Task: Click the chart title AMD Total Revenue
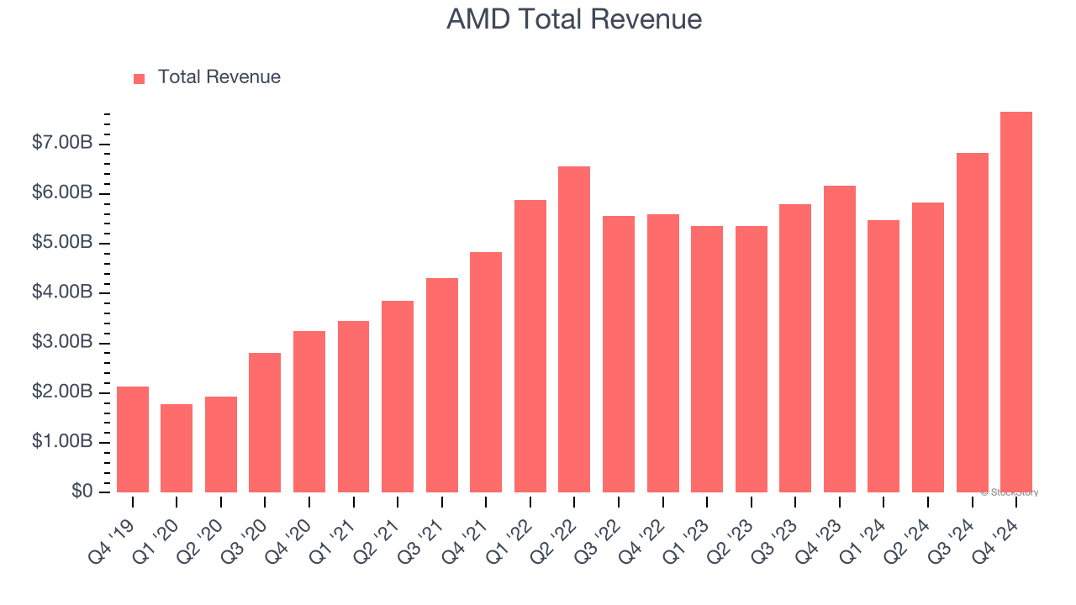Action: tap(573, 18)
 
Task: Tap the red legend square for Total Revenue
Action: tap(139, 78)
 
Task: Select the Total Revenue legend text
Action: tap(219, 77)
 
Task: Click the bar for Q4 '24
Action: tap(1015, 302)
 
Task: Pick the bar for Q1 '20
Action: tap(177, 448)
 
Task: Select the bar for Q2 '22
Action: tap(574, 329)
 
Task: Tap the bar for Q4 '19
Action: tap(133, 439)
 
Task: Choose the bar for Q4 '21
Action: tap(486, 372)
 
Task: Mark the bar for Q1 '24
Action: tap(883, 356)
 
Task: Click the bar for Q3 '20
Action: tap(265, 423)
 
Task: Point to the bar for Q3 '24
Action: tap(972, 323)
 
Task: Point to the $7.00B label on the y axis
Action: tap(62, 144)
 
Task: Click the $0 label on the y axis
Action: tap(82, 491)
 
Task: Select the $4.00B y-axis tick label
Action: tap(62, 292)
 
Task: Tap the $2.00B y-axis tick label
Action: tap(62, 392)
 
